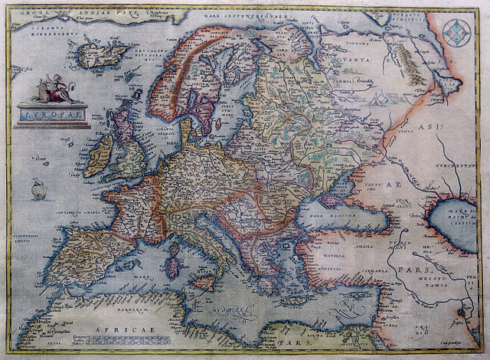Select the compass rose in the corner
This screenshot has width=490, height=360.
coord(459,32)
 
